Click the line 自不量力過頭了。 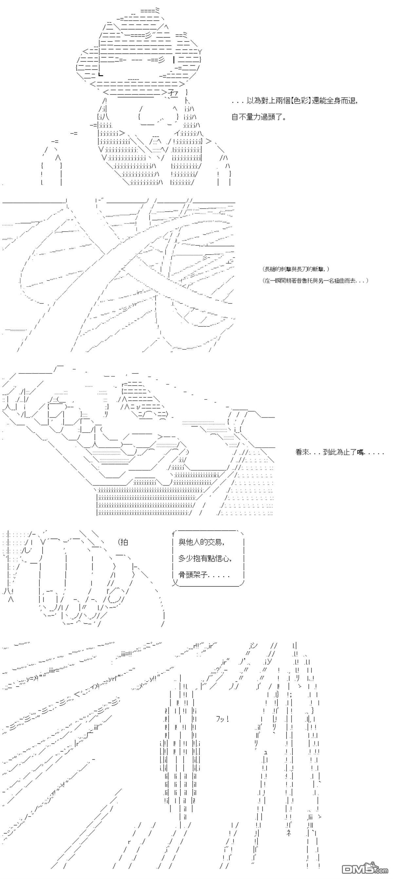point(259,117)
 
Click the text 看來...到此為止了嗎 point(339,453)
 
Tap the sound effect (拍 point(123,542)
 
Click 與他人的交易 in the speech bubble point(201,542)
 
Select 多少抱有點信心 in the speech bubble point(205,558)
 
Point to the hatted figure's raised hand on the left point(51,167)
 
